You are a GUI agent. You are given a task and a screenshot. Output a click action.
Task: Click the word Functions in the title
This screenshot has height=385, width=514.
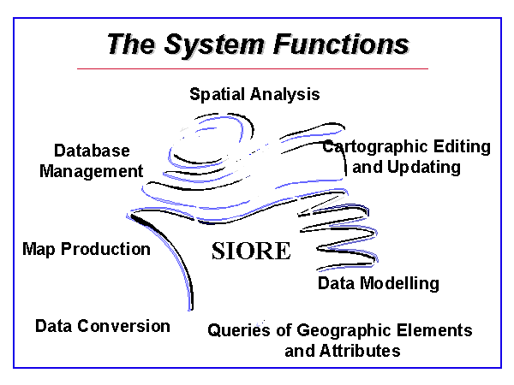(342, 44)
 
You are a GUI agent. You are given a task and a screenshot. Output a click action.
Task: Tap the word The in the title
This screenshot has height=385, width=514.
(128, 44)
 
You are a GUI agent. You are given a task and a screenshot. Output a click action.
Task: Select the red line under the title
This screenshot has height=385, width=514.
(253, 68)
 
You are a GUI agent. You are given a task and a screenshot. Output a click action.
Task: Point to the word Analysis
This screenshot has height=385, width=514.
(289, 94)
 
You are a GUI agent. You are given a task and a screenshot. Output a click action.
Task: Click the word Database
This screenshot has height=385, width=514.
(91, 151)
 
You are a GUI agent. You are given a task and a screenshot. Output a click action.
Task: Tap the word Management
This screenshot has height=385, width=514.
(91, 171)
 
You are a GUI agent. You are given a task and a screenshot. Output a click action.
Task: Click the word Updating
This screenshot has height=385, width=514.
(423, 167)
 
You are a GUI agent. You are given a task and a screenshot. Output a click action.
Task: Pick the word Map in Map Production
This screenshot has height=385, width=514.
(38, 249)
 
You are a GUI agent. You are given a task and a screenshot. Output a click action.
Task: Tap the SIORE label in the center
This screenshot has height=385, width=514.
(251, 252)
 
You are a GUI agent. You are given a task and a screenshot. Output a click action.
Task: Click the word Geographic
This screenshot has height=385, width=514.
(340, 330)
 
